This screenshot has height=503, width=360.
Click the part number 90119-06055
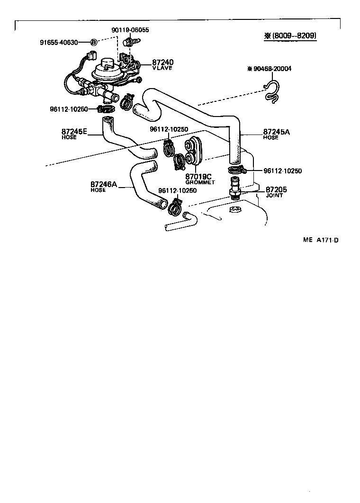tap(130, 30)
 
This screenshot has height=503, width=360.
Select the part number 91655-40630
tap(63, 42)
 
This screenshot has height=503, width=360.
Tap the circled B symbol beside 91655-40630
tap(93, 42)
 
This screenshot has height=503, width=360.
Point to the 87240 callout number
tap(163, 62)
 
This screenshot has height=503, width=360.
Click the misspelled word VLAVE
tap(162, 68)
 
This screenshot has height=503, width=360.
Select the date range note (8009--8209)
tap(290, 36)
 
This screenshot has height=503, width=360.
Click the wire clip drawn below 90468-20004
tap(272, 92)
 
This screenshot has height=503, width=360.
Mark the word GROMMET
tap(200, 182)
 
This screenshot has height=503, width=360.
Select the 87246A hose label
tap(103, 184)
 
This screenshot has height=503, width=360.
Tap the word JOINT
tap(274, 195)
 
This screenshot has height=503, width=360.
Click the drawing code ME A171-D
tap(320, 240)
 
